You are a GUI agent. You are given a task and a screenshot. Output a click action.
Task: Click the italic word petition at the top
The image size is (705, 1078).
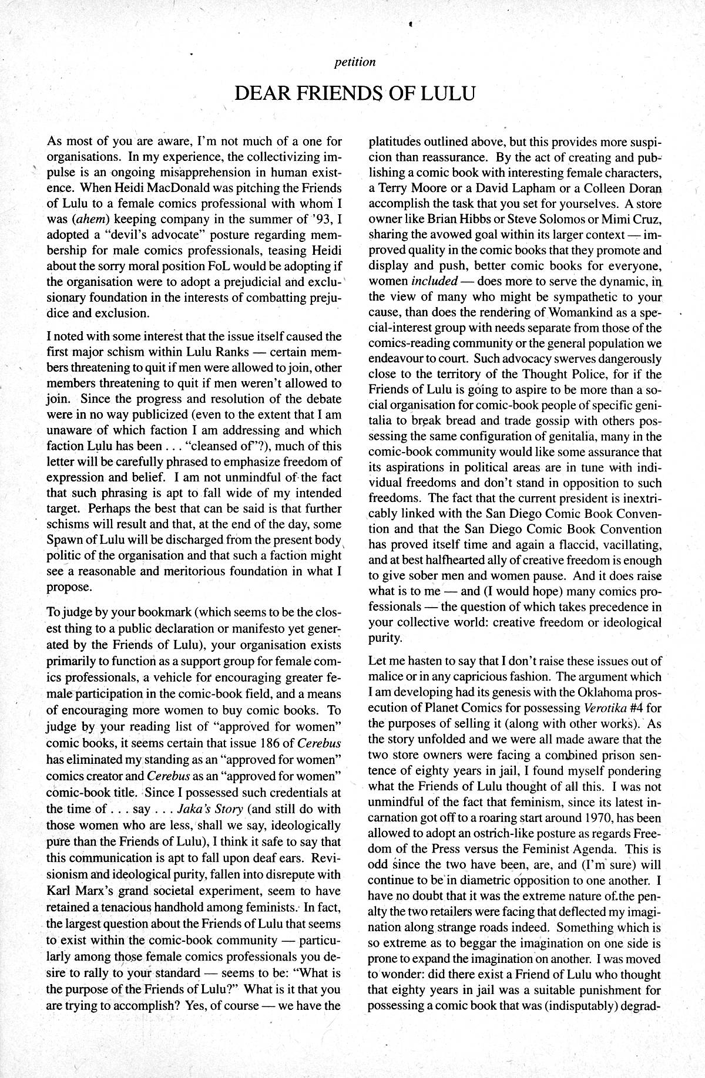(354, 62)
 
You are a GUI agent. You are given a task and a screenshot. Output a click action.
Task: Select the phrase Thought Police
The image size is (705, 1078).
(559, 374)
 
